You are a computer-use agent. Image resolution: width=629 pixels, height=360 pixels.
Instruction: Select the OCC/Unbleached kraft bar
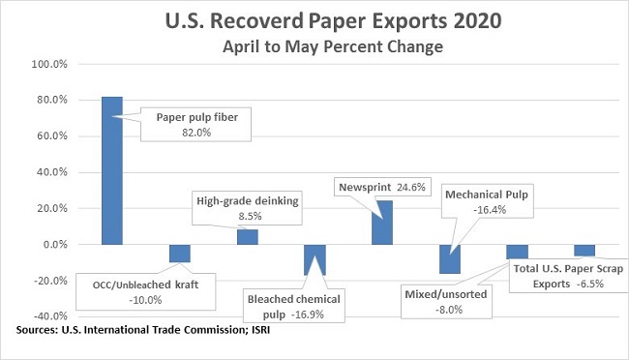tap(180, 254)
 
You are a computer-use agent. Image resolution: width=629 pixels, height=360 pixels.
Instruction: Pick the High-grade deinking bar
tap(248, 237)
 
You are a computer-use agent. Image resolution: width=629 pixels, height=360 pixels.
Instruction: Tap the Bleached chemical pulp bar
tap(314, 259)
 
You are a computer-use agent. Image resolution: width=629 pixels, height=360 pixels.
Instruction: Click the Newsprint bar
tap(382, 223)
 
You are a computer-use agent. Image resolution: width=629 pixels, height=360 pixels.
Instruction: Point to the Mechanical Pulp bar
tap(449, 259)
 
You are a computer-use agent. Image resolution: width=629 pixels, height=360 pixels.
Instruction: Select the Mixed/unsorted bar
tap(517, 252)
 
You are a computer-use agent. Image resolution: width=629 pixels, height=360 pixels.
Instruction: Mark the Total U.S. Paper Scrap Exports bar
tap(584, 250)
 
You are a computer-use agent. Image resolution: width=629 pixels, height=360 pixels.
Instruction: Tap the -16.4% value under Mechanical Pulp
tap(488, 209)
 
